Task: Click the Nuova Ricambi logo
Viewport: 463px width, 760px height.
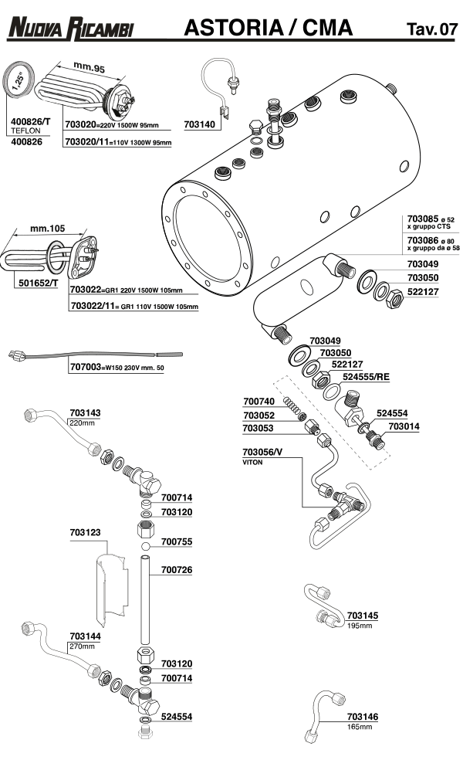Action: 69,30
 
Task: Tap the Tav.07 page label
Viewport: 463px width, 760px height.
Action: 431,30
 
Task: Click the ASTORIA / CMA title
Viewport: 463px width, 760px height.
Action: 269,29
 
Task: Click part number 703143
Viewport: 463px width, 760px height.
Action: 86,413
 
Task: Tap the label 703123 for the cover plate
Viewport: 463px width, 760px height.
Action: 85,533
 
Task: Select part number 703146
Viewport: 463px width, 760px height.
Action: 363,717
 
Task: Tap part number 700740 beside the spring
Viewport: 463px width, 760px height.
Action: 259,402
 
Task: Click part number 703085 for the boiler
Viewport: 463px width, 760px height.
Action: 423,220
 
